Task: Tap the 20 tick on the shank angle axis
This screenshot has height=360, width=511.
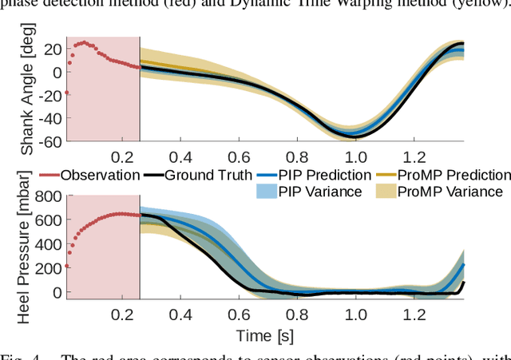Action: point(53,49)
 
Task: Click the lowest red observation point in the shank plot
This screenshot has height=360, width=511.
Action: point(67,93)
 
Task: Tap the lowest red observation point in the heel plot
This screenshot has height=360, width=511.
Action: point(67,266)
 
